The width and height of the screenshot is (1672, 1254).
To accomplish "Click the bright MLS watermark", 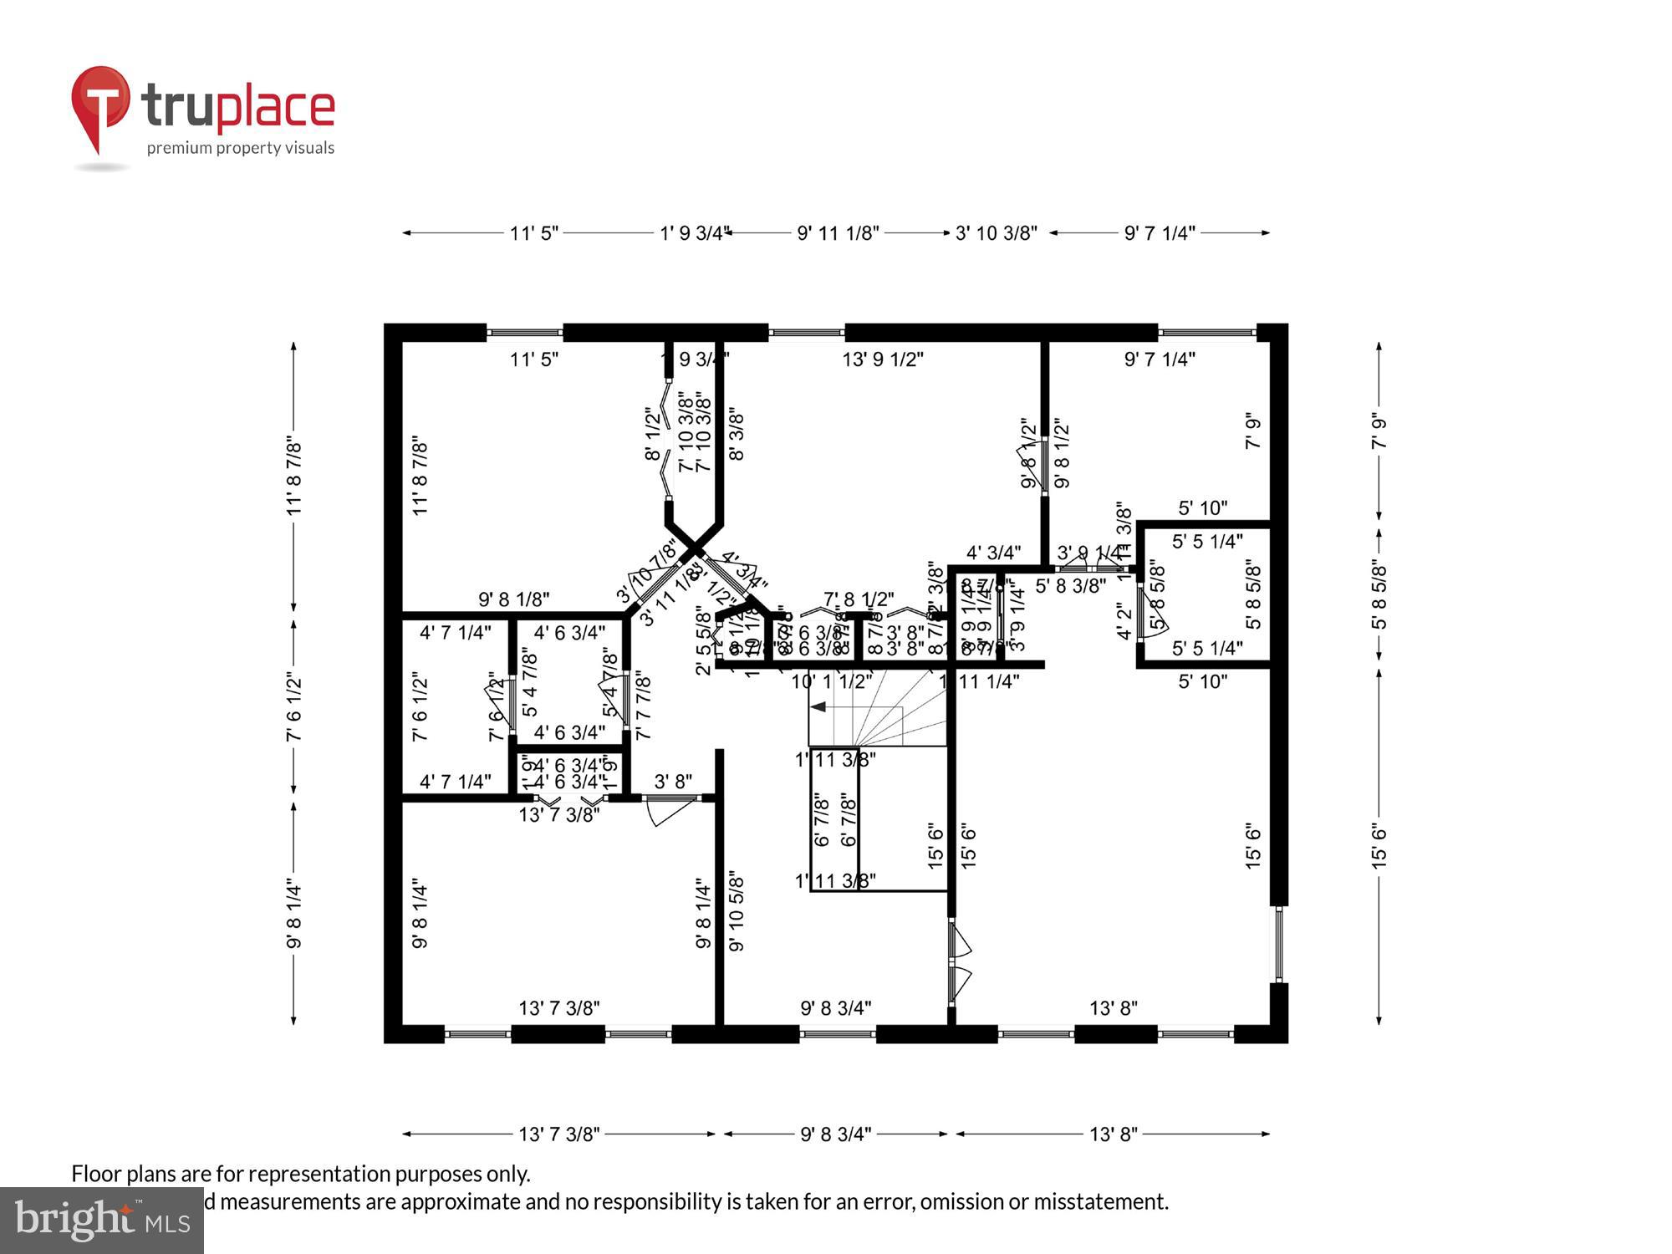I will tap(101, 1220).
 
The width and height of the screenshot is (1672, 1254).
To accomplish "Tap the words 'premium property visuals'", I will tap(241, 148).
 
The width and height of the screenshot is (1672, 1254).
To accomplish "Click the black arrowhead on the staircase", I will tap(819, 707).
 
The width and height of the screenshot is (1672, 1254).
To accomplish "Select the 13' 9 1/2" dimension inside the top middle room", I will tap(882, 359).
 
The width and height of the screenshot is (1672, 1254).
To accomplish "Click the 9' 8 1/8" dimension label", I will tap(513, 599).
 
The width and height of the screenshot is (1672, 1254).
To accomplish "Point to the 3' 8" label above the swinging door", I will tap(673, 782).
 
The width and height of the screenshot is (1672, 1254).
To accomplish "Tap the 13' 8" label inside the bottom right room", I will tap(1113, 1008).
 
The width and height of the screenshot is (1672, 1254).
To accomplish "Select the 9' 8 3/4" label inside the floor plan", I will tap(835, 1008).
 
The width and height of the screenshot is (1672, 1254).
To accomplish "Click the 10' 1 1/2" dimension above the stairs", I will tap(831, 681).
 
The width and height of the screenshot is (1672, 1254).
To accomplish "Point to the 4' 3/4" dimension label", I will tap(993, 553).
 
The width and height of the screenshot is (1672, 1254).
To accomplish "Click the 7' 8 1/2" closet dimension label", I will tap(859, 599).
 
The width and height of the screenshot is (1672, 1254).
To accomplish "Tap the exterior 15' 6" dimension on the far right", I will tap(1379, 846).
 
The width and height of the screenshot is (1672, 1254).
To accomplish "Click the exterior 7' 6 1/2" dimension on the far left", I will tap(293, 707).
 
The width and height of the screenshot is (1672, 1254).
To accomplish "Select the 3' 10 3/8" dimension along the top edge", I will tap(996, 233).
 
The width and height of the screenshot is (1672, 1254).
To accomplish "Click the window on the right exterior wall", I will tap(1278, 944).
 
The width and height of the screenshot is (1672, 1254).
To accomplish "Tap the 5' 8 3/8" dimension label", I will tap(1070, 586).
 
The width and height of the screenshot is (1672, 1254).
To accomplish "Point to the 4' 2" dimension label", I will tap(1124, 622).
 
